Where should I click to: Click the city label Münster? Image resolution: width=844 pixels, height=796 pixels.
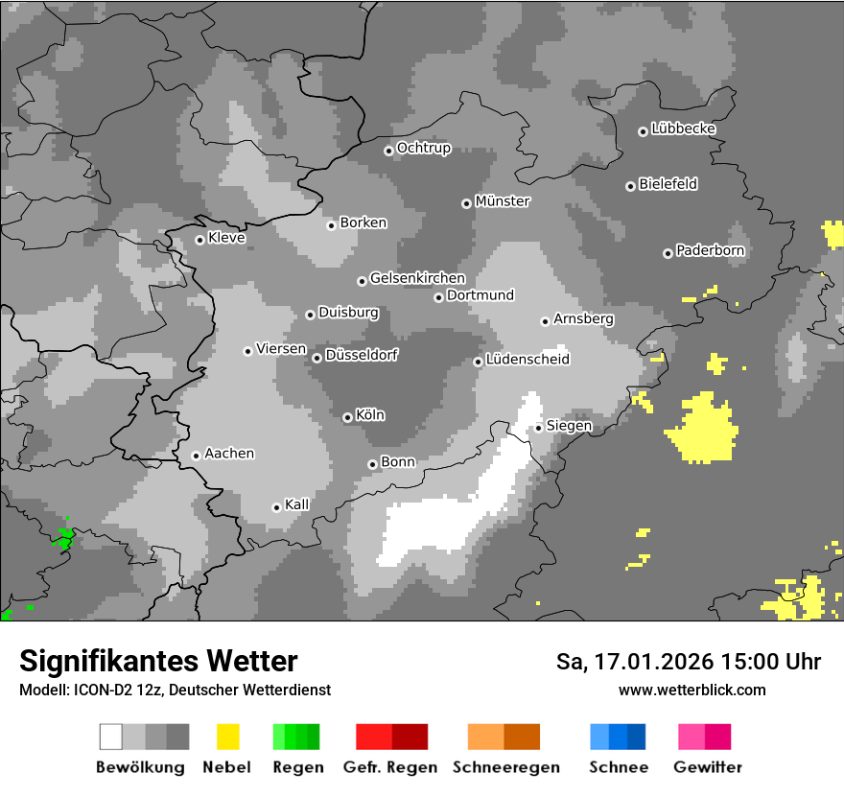tap(503, 201)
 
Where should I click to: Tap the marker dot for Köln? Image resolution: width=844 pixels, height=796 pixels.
tap(347, 417)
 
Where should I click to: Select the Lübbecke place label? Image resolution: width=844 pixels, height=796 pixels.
tap(683, 129)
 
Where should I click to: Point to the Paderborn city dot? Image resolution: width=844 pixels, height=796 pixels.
tap(668, 253)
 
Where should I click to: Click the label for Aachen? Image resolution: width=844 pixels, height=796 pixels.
tap(229, 454)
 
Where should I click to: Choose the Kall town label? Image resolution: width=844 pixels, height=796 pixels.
tap(296, 504)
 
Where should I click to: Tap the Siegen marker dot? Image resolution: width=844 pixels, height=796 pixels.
tap(539, 428)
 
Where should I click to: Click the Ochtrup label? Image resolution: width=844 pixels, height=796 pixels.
tap(423, 148)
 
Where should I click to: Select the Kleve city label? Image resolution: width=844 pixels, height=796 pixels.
tap(226, 238)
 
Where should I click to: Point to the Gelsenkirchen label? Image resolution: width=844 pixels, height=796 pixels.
tap(417, 278)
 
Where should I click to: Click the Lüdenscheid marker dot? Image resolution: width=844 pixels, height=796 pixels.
tap(478, 362)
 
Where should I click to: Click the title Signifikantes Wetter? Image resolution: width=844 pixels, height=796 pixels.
tap(158, 661)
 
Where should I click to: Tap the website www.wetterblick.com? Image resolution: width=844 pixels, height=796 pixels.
tap(692, 690)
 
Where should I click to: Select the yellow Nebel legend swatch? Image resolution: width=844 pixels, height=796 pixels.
tap(227, 737)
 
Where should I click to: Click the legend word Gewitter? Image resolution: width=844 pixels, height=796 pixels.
tap(707, 767)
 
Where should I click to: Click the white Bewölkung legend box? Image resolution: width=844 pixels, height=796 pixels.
tap(111, 737)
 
